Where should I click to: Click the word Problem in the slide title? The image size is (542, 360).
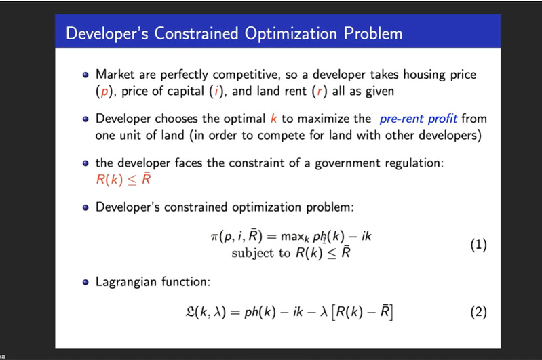coord(373,33)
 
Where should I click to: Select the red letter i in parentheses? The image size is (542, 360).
coord(217,91)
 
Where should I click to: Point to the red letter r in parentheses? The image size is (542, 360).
coord(320,92)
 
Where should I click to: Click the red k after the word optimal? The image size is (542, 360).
coord(274,119)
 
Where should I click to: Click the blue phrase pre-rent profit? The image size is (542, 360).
coord(419,119)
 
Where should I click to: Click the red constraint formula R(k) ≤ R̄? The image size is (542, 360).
coord(123,179)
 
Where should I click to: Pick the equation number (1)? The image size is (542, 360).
coord(478,245)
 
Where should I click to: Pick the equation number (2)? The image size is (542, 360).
coord(478,312)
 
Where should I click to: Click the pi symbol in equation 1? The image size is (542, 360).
coord(214,237)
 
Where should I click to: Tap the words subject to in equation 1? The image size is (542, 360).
coord(261,254)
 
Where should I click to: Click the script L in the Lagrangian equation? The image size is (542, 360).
coord(190,312)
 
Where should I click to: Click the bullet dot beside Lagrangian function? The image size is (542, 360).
coord(85,282)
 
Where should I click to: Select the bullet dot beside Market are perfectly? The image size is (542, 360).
coord(85,75)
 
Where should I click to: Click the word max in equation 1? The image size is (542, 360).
coord(292,237)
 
